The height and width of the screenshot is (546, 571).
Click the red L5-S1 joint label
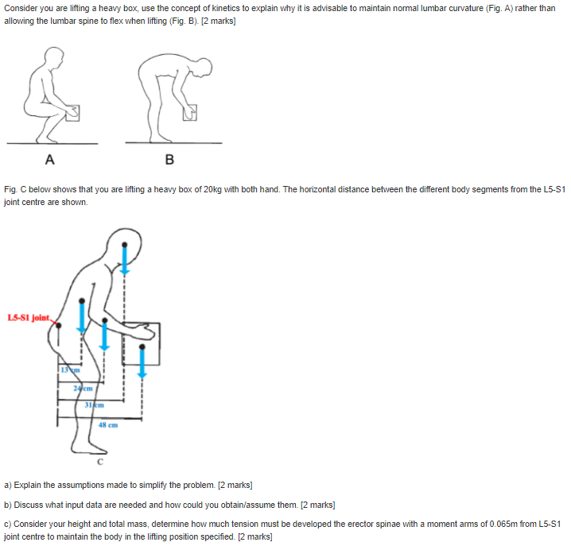click(29, 319)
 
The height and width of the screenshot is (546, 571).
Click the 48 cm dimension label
click(108, 424)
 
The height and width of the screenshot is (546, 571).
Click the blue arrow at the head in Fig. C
click(124, 258)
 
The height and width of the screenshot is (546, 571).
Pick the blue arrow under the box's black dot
click(142, 363)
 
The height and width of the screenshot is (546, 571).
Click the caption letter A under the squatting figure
click(50, 159)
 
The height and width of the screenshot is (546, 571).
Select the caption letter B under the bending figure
click(169, 159)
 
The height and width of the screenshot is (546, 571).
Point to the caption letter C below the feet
click(100, 460)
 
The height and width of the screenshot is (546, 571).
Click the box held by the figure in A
click(72, 113)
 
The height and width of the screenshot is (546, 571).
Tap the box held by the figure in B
click(188, 114)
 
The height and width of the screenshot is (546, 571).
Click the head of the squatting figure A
click(54, 56)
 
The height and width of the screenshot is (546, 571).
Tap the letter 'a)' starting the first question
click(8, 484)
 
